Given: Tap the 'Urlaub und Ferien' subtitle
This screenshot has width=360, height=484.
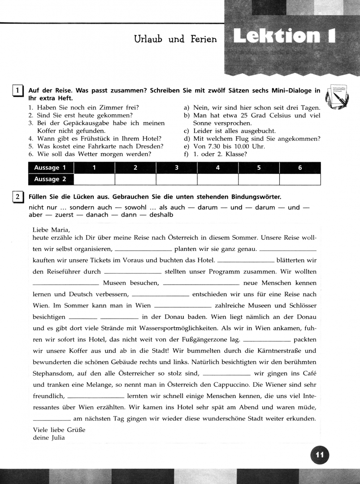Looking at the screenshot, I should point(175,39).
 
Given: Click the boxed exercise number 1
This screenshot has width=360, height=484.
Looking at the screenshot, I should point(17,91).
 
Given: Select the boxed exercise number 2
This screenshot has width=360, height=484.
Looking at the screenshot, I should point(17,197).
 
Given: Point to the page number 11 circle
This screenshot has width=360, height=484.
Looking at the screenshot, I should point(319,455).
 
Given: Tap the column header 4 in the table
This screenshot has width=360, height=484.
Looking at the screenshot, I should point(217,168).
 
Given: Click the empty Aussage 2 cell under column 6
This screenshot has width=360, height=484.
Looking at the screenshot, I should point(300,179).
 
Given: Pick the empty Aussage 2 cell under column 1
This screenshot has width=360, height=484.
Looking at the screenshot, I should point(94,179).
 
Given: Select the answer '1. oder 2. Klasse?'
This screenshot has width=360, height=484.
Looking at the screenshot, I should point(220,154).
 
